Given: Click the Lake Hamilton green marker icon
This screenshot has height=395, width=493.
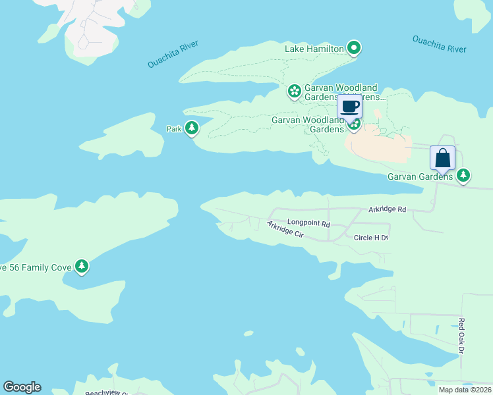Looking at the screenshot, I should coord(354,47).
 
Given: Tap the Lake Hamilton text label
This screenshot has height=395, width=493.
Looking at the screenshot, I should coord(314,49).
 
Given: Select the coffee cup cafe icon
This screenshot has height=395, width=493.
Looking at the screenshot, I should coord(350,106).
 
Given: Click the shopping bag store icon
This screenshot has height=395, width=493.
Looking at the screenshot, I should coord(442,158).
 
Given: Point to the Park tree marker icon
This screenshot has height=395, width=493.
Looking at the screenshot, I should coord(191,128).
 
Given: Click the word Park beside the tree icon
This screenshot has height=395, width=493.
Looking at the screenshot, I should coord(174,129).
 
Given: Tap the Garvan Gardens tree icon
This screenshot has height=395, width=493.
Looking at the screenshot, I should coord(464,175).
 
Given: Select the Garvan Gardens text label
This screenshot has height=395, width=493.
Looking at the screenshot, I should coord(420,176).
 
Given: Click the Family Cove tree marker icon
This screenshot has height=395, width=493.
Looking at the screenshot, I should coord(82,266).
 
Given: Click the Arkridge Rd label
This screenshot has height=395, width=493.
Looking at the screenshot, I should coord(388,209).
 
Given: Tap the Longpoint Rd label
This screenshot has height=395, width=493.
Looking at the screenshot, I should coord(308,224).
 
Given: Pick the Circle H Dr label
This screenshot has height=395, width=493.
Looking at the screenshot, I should coord(371,238).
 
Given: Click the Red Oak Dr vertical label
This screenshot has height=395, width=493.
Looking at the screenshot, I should coord(461,336).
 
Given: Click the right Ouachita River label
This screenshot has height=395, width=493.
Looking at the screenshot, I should coord(439,44).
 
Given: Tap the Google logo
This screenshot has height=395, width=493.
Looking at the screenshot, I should coord(22,387).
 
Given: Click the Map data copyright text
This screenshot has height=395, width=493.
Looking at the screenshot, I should coord(464,390).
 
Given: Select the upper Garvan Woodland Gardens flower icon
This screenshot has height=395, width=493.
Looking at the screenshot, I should coord(295,91).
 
